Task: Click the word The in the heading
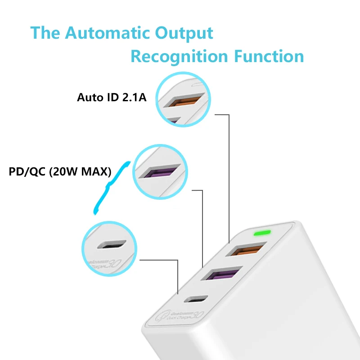click(x=45, y=33)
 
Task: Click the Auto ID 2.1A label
click(x=112, y=97)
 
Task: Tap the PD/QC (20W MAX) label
click(x=60, y=172)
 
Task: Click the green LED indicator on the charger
click(x=261, y=234)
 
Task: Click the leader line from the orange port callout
click(x=229, y=175)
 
